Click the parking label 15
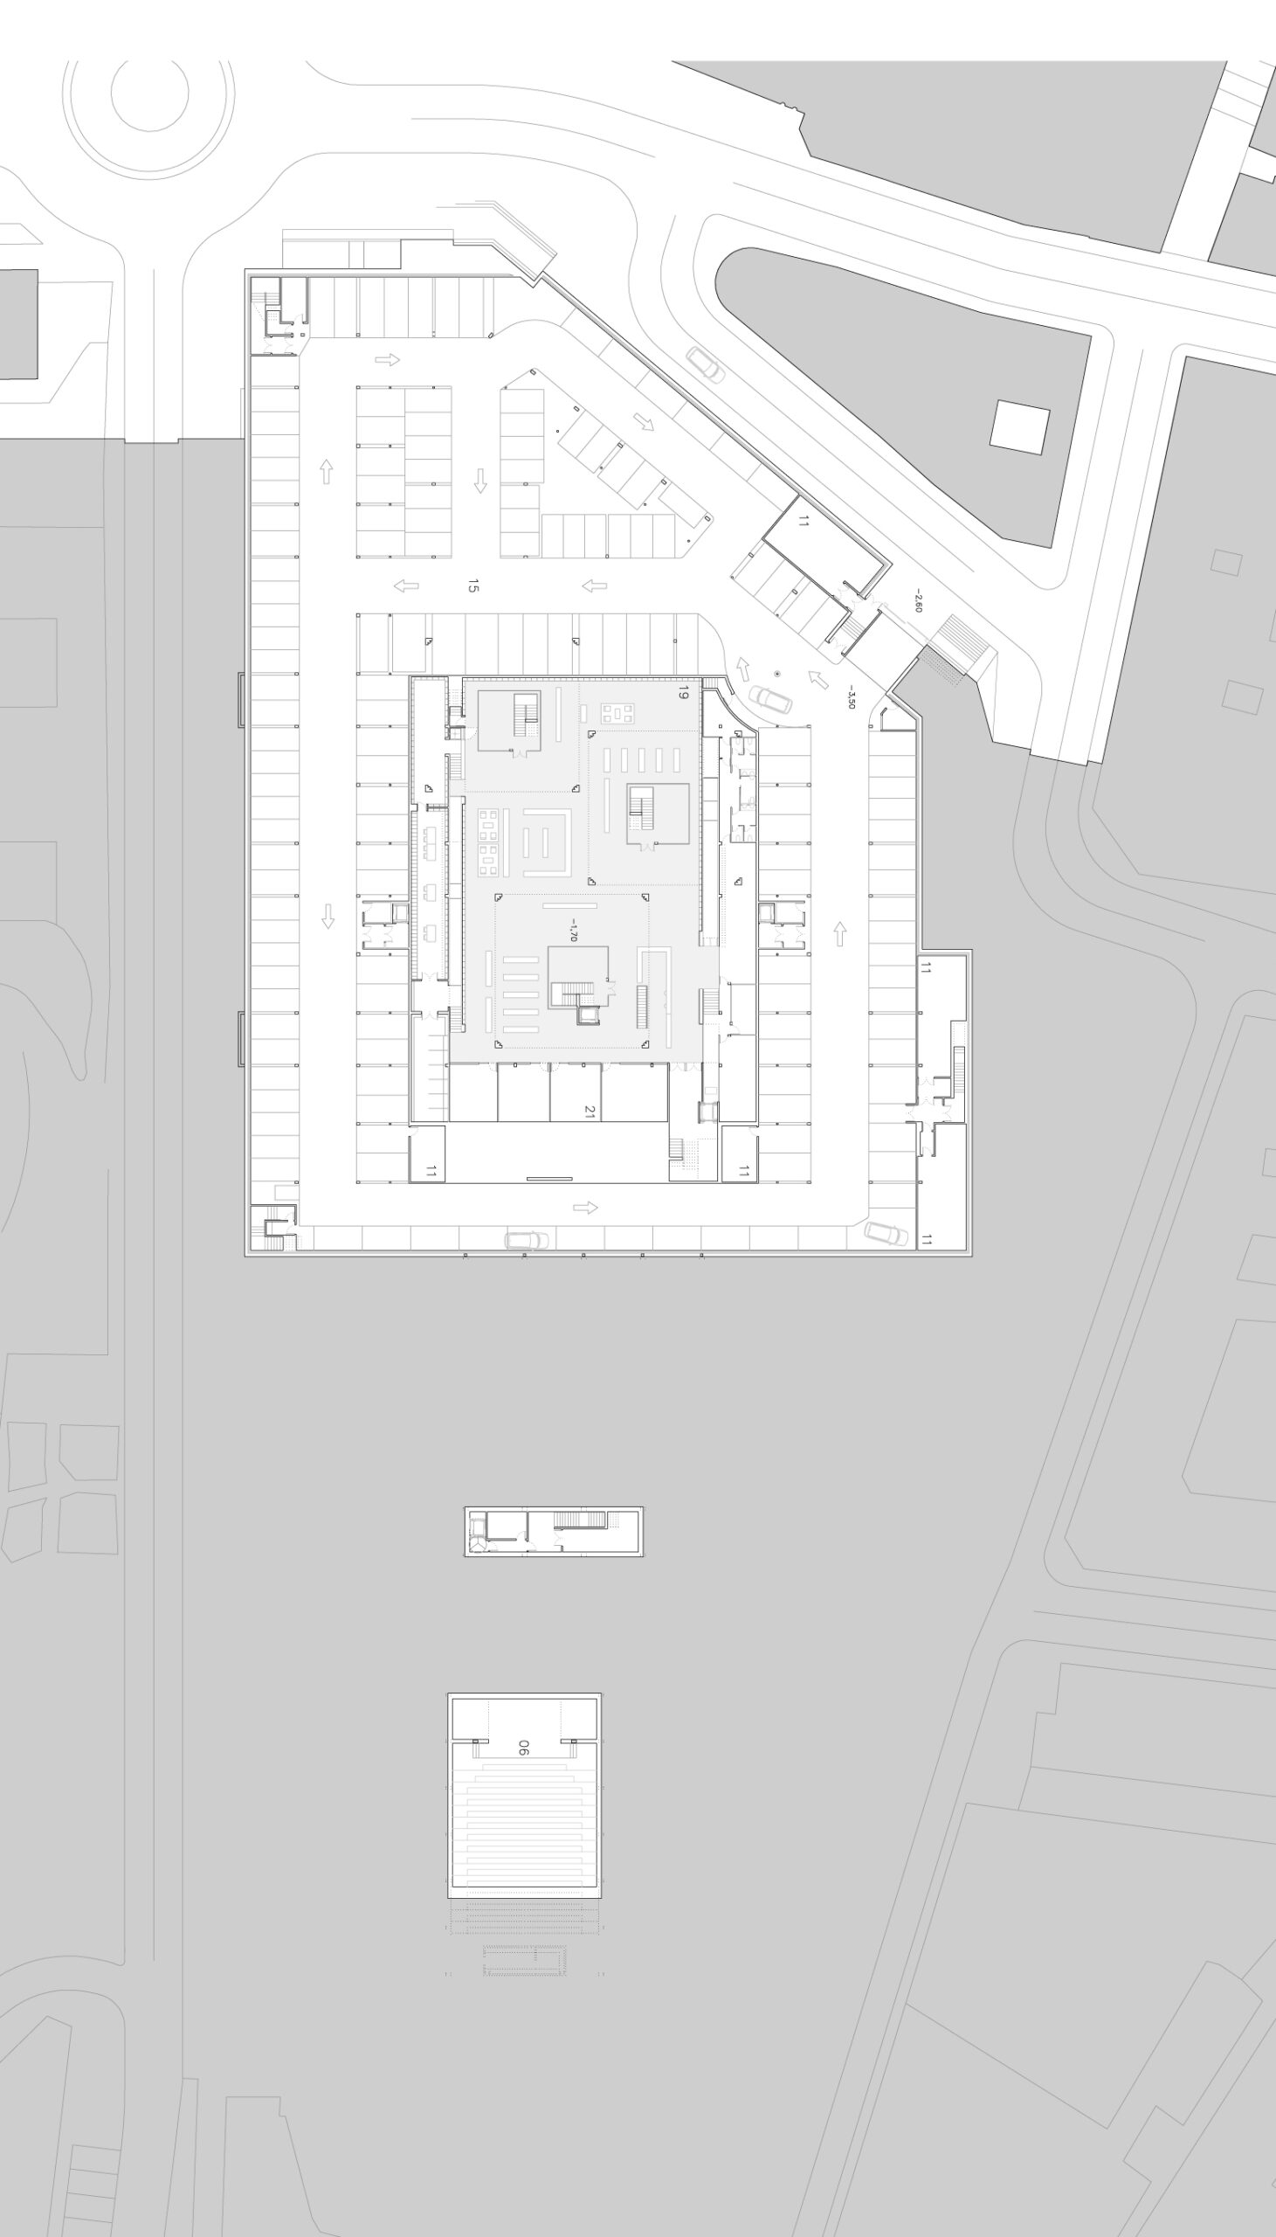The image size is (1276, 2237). pos(473,585)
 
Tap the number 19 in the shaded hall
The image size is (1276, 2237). pos(683,694)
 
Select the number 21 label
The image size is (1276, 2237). pos(590,1112)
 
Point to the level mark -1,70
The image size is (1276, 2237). pos(572,930)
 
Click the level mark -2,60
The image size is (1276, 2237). pos(918,600)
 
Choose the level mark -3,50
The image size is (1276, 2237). pos(851,696)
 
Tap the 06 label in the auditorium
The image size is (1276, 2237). pos(523,1747)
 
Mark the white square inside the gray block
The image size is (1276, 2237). pos(1019,427)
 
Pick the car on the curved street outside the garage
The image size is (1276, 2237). pos(706,364)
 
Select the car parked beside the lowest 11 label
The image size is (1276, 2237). pos(886,1233)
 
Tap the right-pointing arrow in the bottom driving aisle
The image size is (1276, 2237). pos(585,1207)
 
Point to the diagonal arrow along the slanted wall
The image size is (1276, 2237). pos(645,422)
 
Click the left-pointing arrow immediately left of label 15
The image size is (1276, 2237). pos(406,585)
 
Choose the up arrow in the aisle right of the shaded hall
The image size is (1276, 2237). pos(839,933)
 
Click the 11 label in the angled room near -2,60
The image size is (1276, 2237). pos(804,522)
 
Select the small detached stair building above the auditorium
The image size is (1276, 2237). pos(554,1531)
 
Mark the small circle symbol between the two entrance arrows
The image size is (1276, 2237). pos(777,673)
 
